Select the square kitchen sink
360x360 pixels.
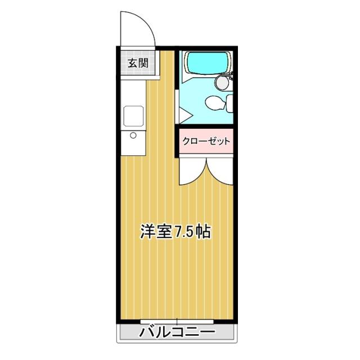click(x=133, y=116)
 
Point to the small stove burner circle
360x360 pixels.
click(x=133, y=135)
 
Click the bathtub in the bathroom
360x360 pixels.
click(x=206, y=63)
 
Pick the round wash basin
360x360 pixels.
click(x=223, y=83)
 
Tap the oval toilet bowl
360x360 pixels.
click(x=214, y=103)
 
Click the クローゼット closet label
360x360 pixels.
click(x=206, y=141)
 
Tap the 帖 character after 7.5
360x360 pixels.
click(x=204, y=232)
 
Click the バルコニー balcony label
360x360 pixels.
click(x=177, y=332)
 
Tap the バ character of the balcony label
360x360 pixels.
click(x=147, y=332)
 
